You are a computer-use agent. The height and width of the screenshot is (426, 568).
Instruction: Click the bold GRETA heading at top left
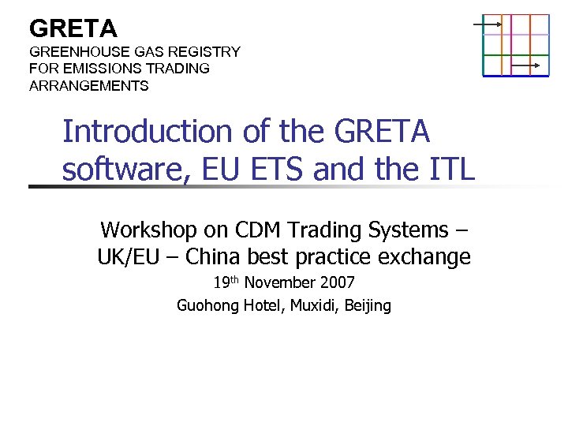pos(73,29)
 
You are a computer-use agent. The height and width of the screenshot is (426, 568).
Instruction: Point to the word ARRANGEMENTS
pos(88,86)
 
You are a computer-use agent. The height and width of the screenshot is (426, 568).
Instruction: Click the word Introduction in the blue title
pos(146,132)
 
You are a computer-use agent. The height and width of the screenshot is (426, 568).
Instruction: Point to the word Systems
pos(408,230)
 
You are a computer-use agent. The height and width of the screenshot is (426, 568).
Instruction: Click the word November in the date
pos(279,282)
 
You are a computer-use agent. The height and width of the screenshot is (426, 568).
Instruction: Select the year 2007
pos(337,282)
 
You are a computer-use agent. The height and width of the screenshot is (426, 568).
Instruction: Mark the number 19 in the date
pos(221,282)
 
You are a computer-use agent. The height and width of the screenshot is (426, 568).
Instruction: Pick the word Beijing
pos(368,305)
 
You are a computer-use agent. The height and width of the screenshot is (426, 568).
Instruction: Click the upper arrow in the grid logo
pos(488,24)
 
